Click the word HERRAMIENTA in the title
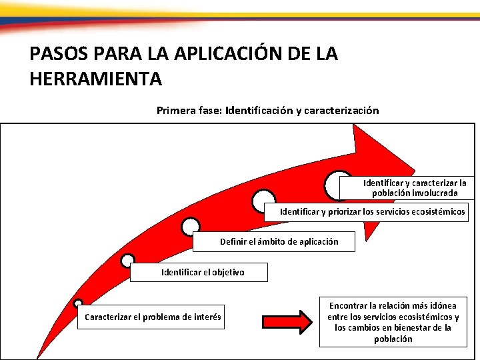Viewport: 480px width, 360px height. click(x=96, y=79)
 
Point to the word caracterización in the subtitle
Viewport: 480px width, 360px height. click(x=341, y=111)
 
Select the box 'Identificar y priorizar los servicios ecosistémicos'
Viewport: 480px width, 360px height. click(x=373, y=212)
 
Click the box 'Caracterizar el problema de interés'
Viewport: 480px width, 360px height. click(x=153, y=317)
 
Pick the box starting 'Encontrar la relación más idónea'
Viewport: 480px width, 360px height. click(x=393, y=322)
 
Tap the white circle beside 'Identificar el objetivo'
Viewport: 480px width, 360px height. click(x=127, y=261)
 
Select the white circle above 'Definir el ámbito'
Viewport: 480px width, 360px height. click(x=191, y=227)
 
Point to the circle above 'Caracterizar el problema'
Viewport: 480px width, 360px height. click(x=78, y=303)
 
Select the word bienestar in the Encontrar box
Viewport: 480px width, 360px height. click(x=414, y=327)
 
